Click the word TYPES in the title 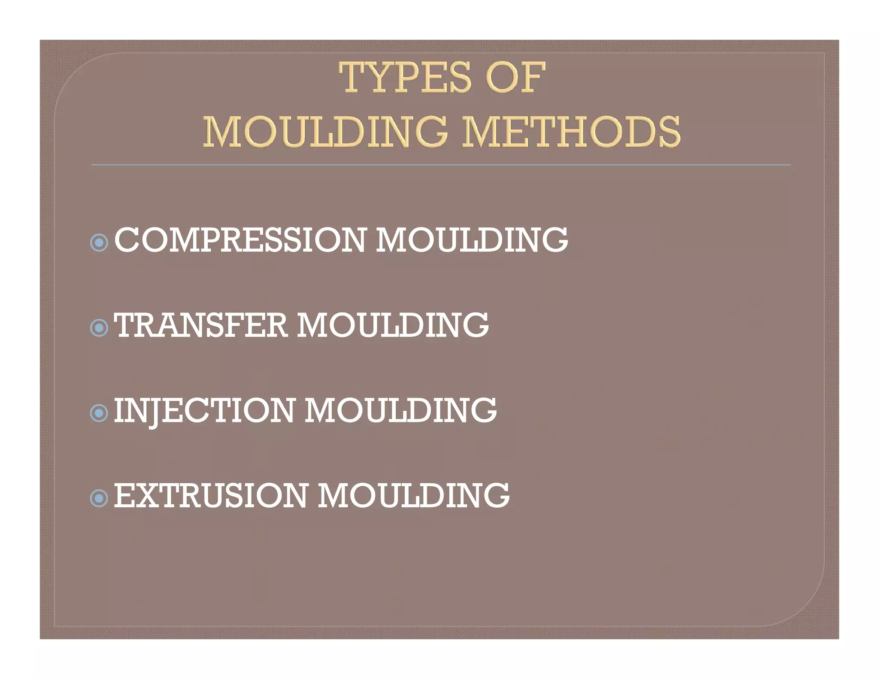coord(405,78)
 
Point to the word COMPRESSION coord(240,240)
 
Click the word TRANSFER coord(200,325)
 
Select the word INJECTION coord(204,411)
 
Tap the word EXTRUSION coord(211,496)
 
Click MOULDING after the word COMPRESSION coord(472,240)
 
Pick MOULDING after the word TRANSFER coord(393,325)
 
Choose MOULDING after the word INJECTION coord(401,411)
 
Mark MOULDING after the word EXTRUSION coord(414,496)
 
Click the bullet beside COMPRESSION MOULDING coord(99,243)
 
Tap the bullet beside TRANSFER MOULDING coord(99,328)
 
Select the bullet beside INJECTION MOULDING coord(99,413)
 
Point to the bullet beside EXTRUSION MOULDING coord(99,499)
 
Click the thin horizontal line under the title coord(440,165)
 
